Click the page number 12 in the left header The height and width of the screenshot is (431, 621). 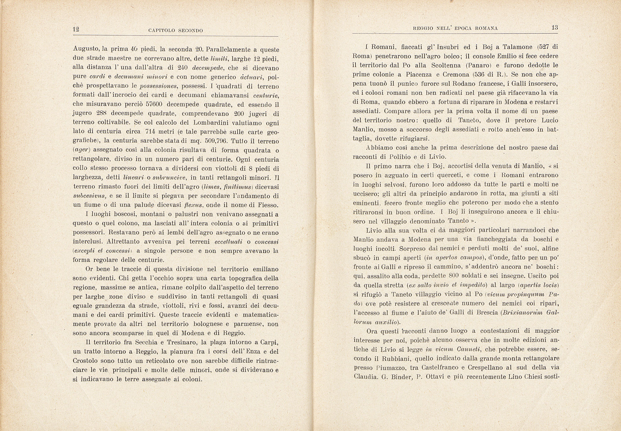[x=76, y=30]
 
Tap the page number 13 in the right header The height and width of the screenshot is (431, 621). [x=555, y=28]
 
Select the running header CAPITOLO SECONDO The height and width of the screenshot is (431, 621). [x=176, y=30]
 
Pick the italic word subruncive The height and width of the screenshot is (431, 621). [x=170, y=178]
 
